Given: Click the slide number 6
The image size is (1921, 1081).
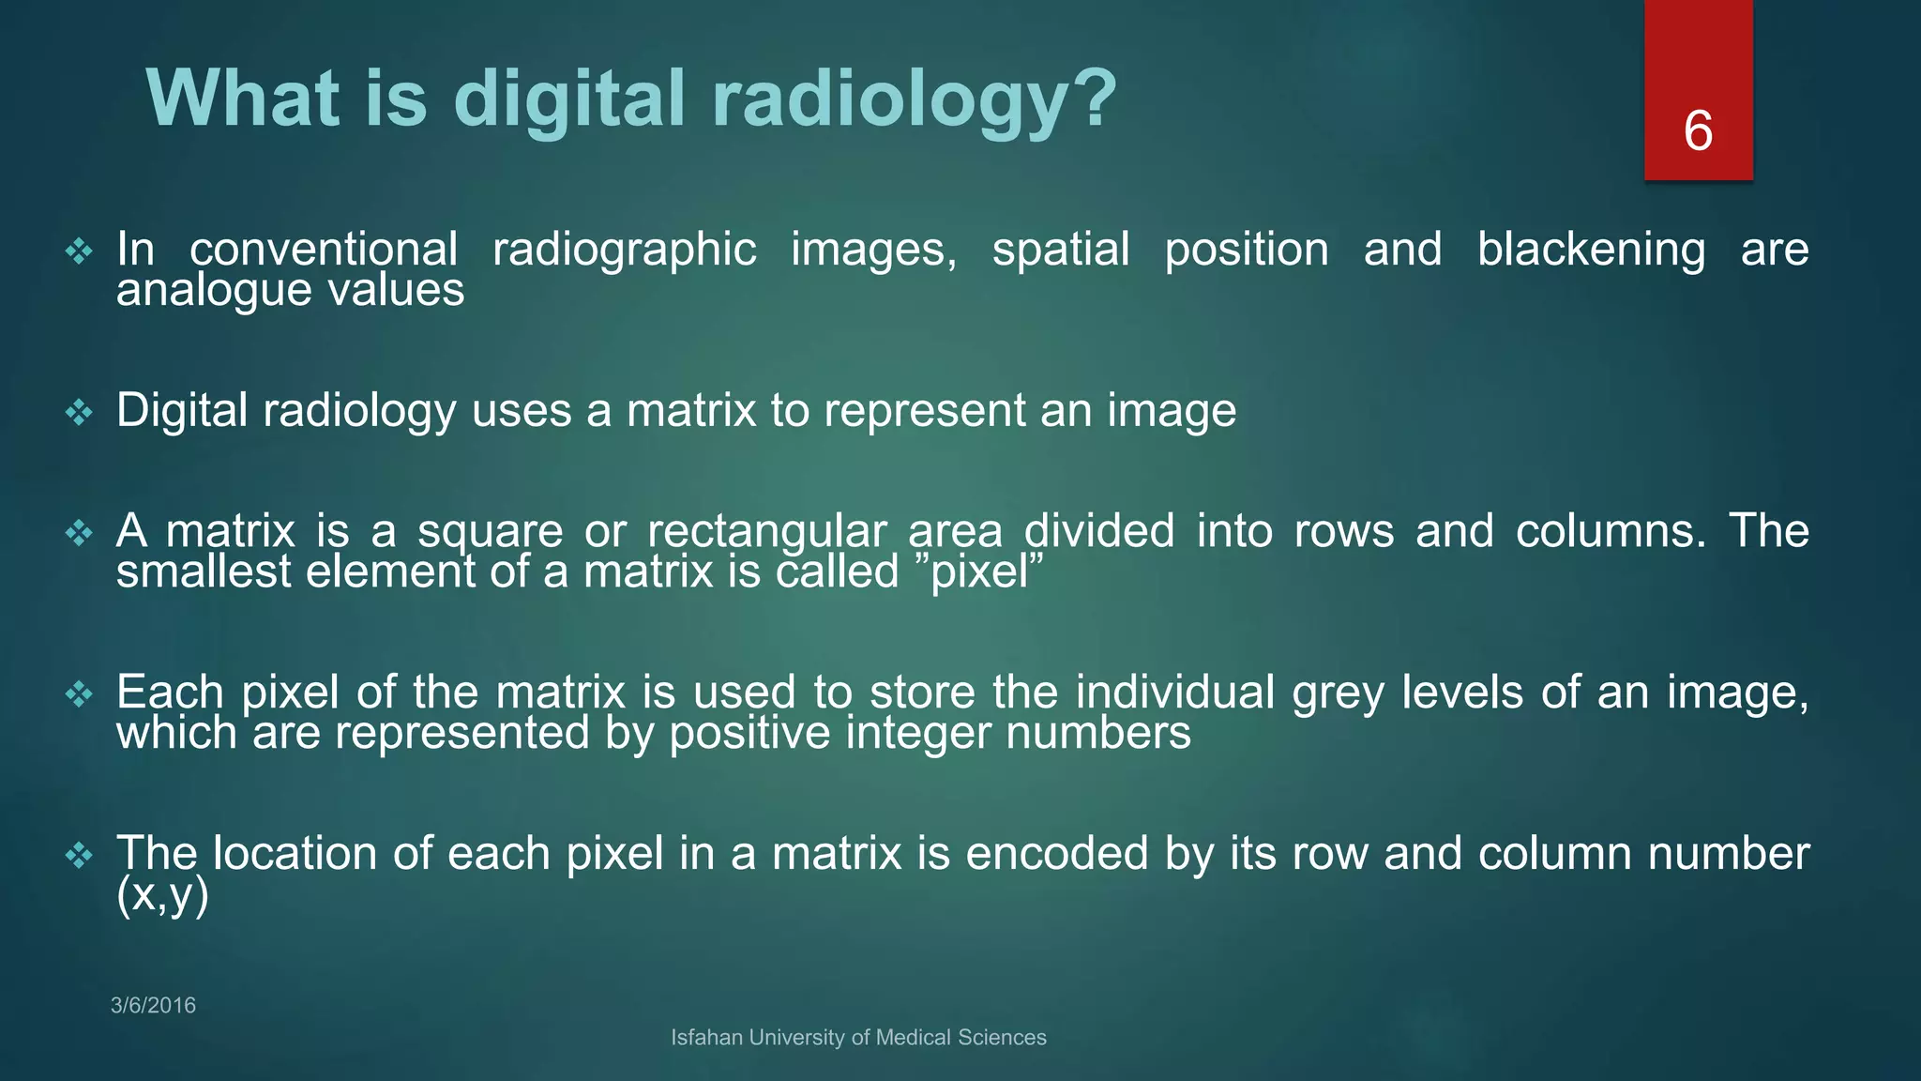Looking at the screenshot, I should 1698,130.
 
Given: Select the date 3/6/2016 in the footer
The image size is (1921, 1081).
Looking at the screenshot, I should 153,1005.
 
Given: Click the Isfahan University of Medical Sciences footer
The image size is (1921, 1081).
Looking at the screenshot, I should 858,1037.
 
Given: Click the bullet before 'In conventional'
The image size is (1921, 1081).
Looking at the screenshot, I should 79,251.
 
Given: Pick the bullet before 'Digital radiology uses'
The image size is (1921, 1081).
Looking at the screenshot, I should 79,412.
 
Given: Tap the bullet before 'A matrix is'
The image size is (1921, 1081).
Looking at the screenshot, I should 79,533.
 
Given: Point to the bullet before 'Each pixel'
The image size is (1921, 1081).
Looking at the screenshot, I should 79,694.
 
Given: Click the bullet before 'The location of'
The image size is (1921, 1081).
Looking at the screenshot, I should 79,855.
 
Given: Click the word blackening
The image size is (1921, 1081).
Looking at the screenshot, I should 1591,250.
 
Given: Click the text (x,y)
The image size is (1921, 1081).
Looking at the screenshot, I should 161,895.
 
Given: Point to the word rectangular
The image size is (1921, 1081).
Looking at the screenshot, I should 766,532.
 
